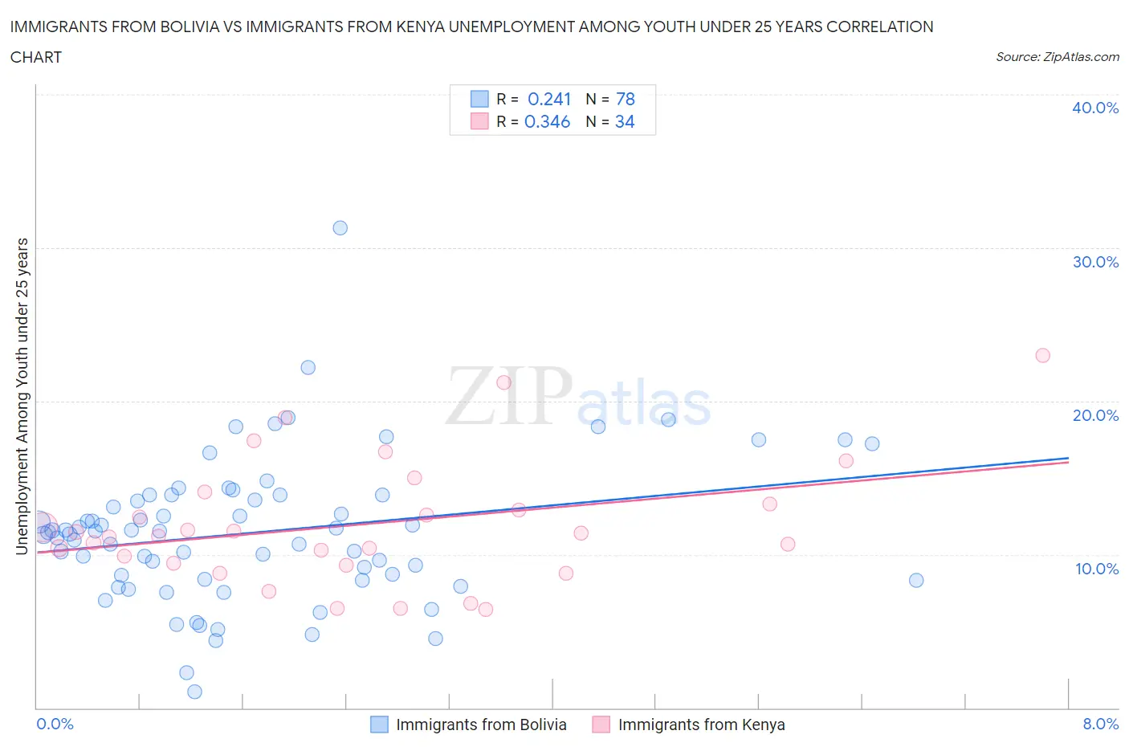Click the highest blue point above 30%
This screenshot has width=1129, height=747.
tap(340, 228)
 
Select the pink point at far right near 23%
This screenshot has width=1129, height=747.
tap(1042, 356)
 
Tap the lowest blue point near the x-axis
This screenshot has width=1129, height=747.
tap(194, 692)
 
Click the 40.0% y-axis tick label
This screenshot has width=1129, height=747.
tap(1095, 108)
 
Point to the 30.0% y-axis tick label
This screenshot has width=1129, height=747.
tap(1095, 262)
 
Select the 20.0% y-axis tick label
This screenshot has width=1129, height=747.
tap(1095, 415)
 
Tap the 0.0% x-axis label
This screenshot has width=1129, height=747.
tap(55, 724)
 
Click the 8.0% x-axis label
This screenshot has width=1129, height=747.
tap(1100, 724)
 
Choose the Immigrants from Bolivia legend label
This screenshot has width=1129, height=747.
tap(481, 725)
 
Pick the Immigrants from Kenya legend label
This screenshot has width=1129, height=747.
tap(701, 725)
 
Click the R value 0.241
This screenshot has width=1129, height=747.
tap(549, 99)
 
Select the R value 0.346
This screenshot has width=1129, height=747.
tap(547, 121)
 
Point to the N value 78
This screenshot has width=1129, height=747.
tap(625, 99)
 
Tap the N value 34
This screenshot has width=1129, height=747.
tap(625, 121)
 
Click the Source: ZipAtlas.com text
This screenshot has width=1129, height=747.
tap(1057, 57)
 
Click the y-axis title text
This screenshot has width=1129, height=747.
tap(22, 396)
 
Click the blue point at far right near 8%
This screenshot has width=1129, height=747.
tap(916, 581)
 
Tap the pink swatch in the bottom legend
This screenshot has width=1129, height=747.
tap(601, 725)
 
